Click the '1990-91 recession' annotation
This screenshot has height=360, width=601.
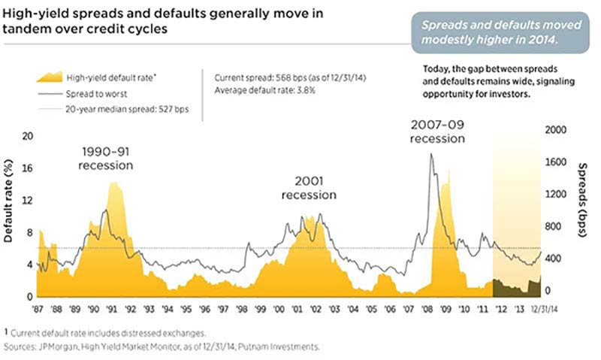coord(107,158)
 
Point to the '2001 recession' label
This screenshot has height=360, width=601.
coord(309,188)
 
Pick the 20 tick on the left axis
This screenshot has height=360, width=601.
coord(29,136)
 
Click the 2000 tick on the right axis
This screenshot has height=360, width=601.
coord(552,130)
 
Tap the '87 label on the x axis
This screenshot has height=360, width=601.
coord(38,308)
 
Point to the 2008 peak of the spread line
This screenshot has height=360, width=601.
coord(430,155)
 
